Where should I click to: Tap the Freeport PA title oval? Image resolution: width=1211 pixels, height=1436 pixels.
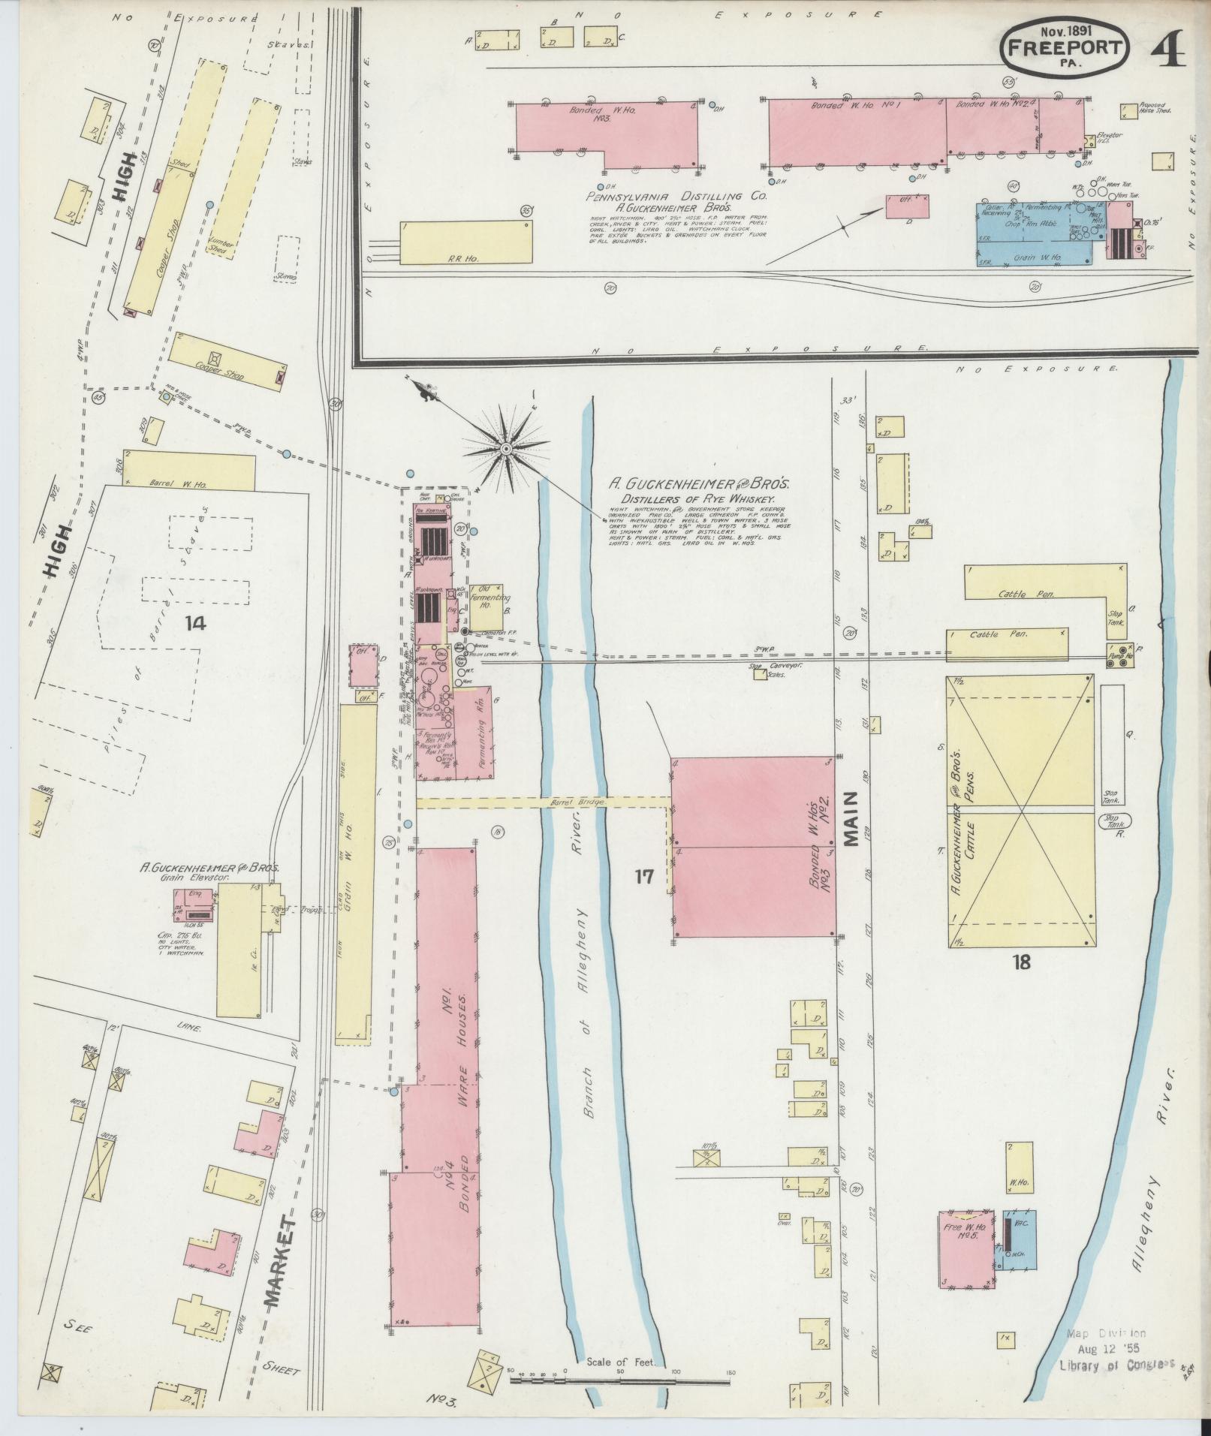1065,47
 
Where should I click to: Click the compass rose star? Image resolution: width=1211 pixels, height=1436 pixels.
505,449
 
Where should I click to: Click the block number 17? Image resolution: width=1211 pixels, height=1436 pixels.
644,876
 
